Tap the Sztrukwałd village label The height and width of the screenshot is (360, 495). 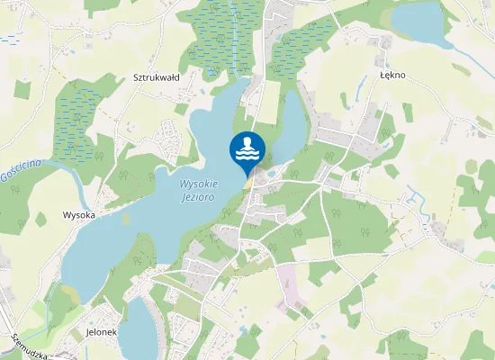click(x=157, y=77)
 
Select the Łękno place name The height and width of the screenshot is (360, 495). click(x=392, y=76)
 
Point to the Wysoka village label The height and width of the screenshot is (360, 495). click(x=79, y=215)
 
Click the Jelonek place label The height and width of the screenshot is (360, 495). click(x=102, y=331)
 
